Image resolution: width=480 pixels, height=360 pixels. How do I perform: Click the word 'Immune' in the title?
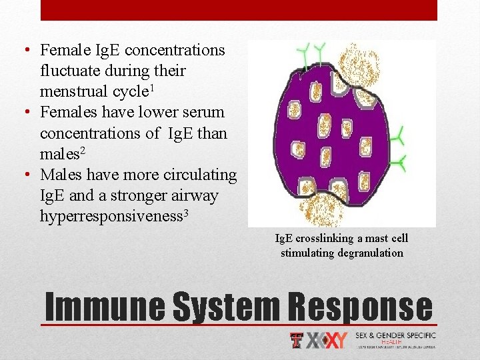click(105, 307)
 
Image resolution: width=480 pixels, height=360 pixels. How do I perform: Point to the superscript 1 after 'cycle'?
click(172, 87)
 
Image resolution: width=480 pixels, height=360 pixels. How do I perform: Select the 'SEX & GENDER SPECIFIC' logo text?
click(395, 335)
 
